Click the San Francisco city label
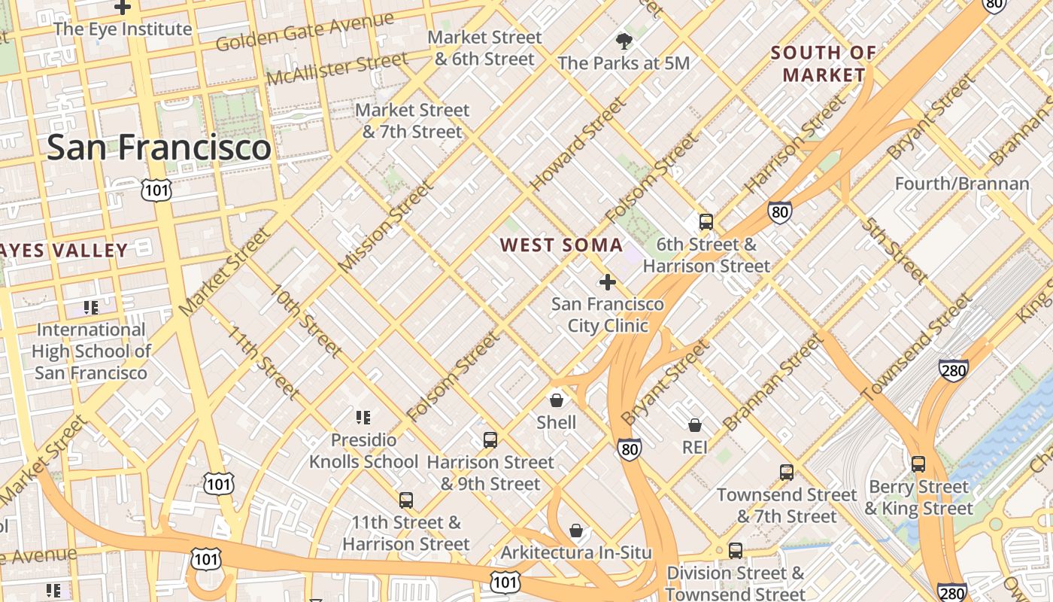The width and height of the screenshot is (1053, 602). (x=159, y=147)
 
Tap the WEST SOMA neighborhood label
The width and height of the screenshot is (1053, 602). (x=561, y=245)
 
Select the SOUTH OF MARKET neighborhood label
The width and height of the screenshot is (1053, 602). (x=824, y=63)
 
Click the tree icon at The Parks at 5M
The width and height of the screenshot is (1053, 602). (x=624, y=41)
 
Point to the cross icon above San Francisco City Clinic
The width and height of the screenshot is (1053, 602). (x=607, y=282)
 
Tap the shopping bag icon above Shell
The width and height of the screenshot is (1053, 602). (x=557, y=400)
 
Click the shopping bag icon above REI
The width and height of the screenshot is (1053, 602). (x=695, y=425)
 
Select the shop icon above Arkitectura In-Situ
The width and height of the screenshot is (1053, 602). (x=576, y=531)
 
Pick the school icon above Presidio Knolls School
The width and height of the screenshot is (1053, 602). (x=363, y=417)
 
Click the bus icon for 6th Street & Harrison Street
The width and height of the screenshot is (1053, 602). (x=706, y=222)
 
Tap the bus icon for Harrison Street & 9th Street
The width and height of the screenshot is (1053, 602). (x=490, y=439)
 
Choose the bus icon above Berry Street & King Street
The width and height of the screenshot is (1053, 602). (x=918, y=464)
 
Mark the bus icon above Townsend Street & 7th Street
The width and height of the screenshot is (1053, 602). (x=787, y=473)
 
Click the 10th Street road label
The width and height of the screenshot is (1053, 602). (x=306, y=321)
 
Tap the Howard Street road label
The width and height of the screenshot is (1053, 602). (x=577, y=144)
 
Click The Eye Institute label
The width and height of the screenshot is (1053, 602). (x=123, y=29)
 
